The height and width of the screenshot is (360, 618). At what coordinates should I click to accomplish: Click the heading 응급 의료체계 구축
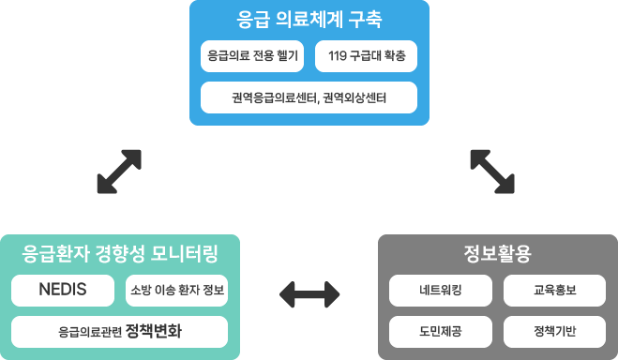309,19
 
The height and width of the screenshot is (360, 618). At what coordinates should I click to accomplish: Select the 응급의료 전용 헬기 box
252,56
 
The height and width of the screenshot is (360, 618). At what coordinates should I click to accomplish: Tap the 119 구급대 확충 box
366,56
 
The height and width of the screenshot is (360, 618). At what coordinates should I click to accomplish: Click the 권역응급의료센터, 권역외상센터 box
309,97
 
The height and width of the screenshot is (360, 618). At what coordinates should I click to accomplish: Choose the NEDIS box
63,290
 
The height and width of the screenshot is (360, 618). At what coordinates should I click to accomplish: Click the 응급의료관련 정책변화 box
119,331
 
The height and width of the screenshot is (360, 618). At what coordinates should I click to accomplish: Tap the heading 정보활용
497,253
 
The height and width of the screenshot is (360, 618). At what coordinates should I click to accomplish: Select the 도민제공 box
440,331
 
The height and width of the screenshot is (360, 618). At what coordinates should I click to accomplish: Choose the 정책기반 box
554,331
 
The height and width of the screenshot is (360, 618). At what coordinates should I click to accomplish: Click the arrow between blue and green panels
119,171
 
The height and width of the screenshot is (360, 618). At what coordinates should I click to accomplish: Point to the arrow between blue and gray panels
492,171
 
